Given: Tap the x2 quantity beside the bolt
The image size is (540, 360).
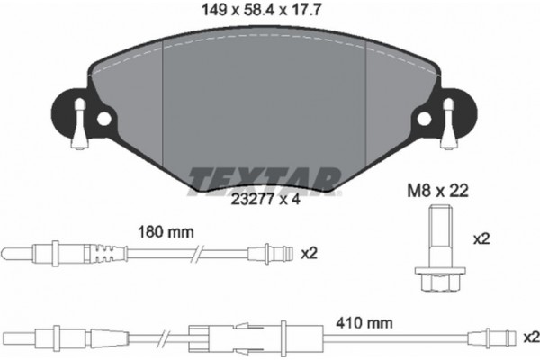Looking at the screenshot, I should tap(481, 240).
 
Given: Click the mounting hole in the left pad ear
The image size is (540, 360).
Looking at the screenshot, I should tap(105, 119).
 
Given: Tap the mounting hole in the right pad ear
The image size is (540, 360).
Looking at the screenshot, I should tap(423, 118).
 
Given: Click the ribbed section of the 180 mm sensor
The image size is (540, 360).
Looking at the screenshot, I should tap(105, 252).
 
